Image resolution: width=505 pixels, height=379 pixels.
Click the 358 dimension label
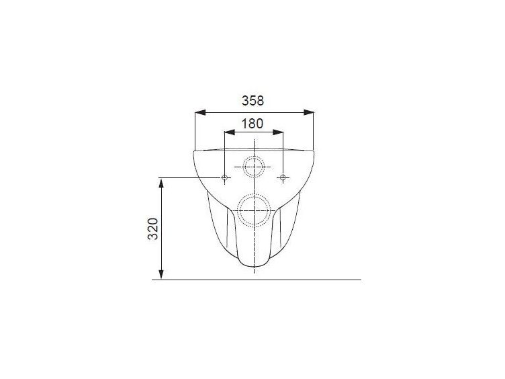[x=252, y=101]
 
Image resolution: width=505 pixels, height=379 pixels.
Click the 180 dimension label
[x=252, y=124]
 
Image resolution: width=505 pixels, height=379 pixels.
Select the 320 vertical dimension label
[x=153, y=229]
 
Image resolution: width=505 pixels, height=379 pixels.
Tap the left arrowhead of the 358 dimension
[x=200, y=112]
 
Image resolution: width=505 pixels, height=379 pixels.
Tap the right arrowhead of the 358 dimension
[x=308, y=112]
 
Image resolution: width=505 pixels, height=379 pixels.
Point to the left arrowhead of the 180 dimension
[x=230, y=132]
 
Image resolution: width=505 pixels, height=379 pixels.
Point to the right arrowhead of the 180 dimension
[x=278, y=132]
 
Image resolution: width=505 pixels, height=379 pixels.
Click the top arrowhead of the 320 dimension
[x=161, y=183]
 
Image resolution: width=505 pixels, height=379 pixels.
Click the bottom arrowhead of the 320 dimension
[x=161, y=274]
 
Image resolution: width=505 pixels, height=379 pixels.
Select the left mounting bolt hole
[x=225, y=177]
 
